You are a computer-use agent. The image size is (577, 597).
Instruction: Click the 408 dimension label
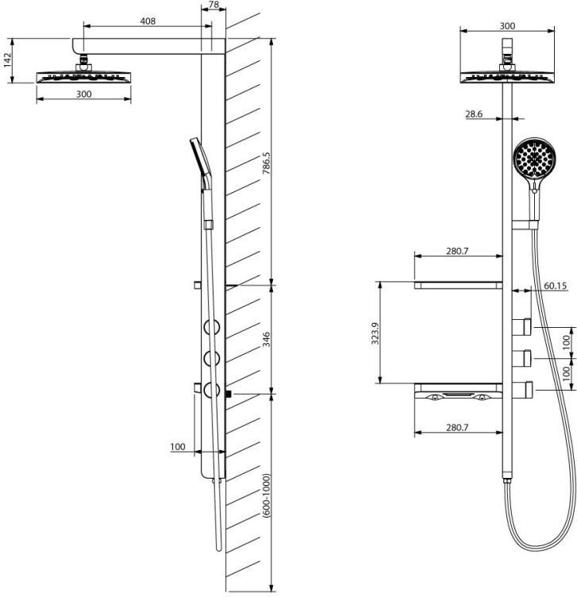[x=148, y=21]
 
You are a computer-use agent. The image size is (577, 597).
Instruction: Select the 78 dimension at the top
[x=214, y=5]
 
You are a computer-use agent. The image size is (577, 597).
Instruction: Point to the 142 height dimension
[x=8, y=60]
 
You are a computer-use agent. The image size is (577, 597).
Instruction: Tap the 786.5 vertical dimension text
[x=267, y=164]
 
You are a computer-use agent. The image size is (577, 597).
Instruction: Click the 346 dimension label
[x=267, y=339]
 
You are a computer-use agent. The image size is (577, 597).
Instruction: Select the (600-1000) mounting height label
[x=267, y=495]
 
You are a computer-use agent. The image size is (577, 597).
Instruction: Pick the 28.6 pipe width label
[x=474, y=114]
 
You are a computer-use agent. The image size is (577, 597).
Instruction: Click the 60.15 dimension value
[x=556, y=286]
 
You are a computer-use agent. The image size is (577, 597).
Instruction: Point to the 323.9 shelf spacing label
[x=375, y=333]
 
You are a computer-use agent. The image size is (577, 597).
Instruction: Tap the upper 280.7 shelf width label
[x=457, y=251]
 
